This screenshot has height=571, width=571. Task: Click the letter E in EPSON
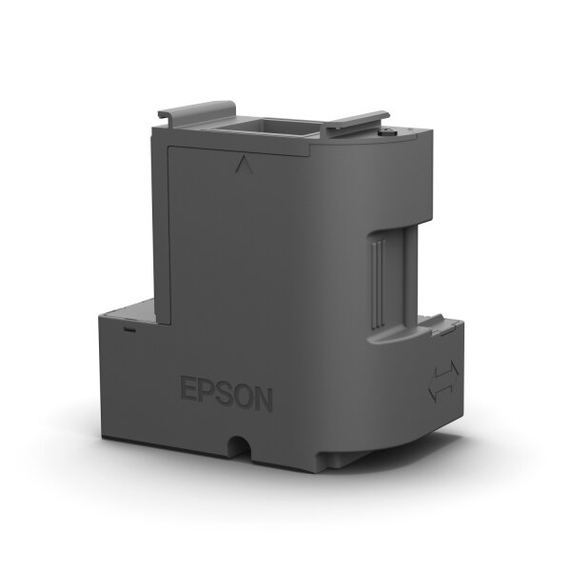pos(187,392)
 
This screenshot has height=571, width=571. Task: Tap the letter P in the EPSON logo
pos(207,394)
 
